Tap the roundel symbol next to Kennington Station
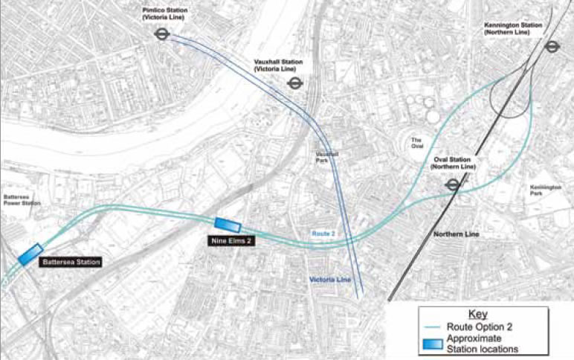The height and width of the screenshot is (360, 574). click(x=551, y=46)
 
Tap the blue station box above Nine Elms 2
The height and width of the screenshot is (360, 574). click(x=227, y=225)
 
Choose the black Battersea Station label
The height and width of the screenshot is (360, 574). click(x=70, y=262)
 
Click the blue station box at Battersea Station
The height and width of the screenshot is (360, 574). click(x=30, y=254)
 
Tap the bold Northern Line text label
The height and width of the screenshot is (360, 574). click(x=457, y=235)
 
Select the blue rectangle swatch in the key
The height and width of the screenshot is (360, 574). click(x=432, y=343)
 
